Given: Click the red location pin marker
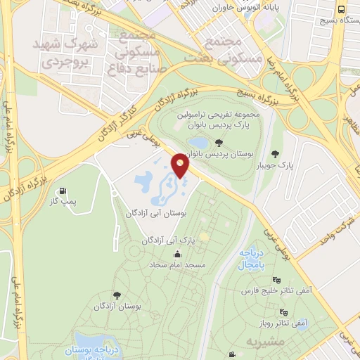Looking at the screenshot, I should click(181, 166).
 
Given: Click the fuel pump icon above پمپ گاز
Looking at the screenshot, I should click(64, 191).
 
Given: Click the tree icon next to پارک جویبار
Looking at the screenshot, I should click(274, 154).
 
